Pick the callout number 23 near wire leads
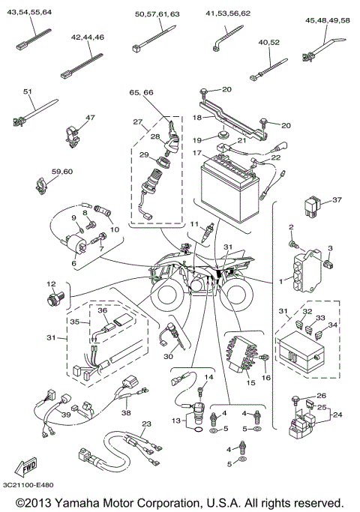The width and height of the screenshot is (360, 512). (x=147, y=424)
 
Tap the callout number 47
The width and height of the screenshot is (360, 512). (x=91, y=118)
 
